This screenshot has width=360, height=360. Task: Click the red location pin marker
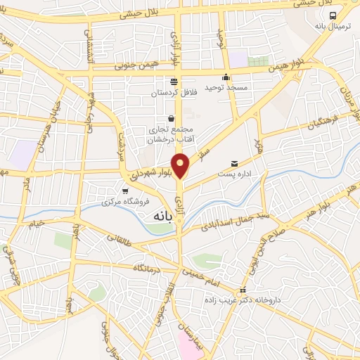click(181, 166)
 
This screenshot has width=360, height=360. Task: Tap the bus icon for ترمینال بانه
click(333, 15)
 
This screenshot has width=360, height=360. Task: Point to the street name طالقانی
click(121, 240)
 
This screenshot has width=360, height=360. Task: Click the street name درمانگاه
click(149, 268)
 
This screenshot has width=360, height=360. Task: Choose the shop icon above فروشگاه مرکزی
click(125, 190)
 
